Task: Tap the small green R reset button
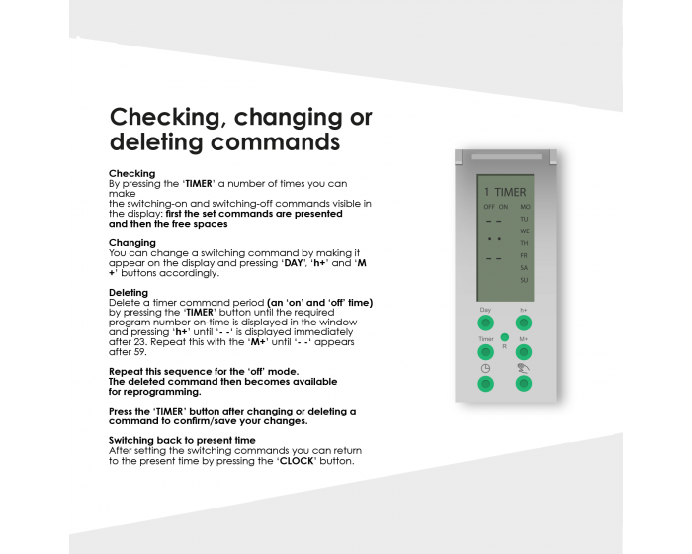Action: pyautogui.click(x=504, y=338)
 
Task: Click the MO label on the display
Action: pyautogui.click(x=525, y=207)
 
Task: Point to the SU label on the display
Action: pyautogui.click(x=524, y=280)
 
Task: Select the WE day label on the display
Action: pyautogui.click(x=525, y=231)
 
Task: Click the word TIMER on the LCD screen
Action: pyautogui.click(x=511, y=192)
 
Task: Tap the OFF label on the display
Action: pyautogui.click(x=488, y=207)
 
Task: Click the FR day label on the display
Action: pyautogui.click(x=524, y=255)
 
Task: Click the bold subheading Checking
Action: pyautogui.click(x=131, y=173)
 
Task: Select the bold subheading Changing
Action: pyautogui.click(x=132, y=242)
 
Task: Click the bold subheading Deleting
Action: pyautogui.click(x=129, y=292)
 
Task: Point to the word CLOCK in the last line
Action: pyautogui.click(x=298, y=461)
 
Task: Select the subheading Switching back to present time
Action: pyautogui.click(x=182, y=440)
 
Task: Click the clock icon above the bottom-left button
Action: pyautogui.click(x=486, y=368)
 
